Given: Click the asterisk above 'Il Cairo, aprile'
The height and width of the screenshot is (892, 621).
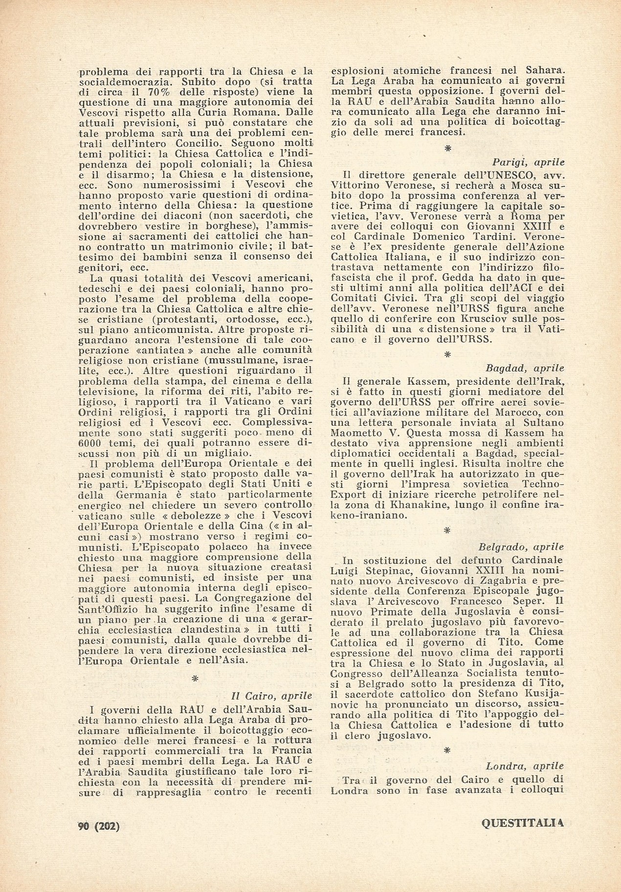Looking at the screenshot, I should (x=195, y=678).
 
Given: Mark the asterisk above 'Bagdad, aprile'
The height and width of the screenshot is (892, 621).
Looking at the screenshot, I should (x=447, y=355).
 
